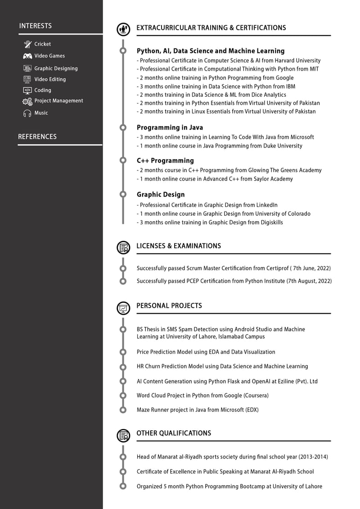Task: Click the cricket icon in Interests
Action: pyautogui.click(x=27, y=44)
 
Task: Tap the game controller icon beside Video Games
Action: pyautogui.click(x=27, y=56)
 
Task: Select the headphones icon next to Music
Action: pyautogui.click(x=27, y=113)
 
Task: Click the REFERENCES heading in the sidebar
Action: pyautogui.click(x=37, y=137)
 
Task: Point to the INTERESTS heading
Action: pyautogui.click(x=35, y=26)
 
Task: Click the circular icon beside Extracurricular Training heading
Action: pyautogui.click(x=123, y=29)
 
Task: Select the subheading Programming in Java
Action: pyautogui.click(x=170, y=128)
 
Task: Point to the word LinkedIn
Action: pyautogui.click(x=267, y=205)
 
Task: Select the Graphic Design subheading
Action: pyautogui.click(x=161, y=195)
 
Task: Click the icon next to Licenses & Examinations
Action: pyautogui.click(x=123, y=247)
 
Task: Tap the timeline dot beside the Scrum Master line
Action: pyautogui.click(x=123, y=268)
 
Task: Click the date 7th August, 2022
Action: pyautogui.click(x=309, y=281)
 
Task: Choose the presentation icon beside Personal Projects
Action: pyautogui.click(x=123, y=308)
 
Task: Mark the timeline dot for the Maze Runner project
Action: pyautogui.click(x=123, y=410)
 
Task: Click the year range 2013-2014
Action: pyautogui.click(x=313, y=457)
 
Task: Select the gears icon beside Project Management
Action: pyautogui.click(x=27, y=101)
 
